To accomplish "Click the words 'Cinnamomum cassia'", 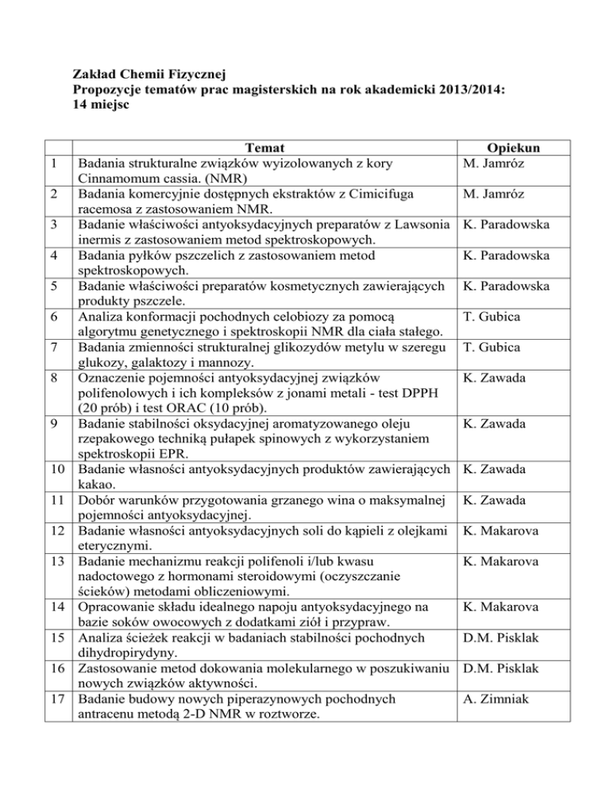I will (132, 179).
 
